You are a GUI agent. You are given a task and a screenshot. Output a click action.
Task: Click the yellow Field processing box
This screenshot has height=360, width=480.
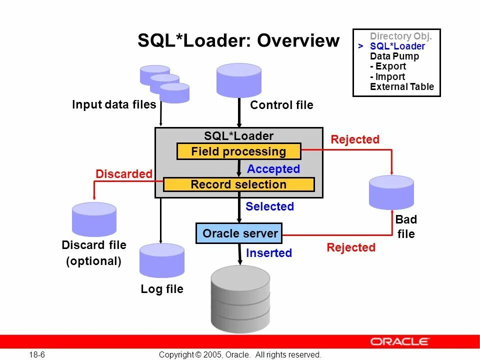[x=238, y=151]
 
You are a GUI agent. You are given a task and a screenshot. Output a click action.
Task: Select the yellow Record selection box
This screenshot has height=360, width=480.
[x=238, y=184]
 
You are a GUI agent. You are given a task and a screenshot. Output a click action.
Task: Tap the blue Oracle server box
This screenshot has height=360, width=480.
[x=239, y=233]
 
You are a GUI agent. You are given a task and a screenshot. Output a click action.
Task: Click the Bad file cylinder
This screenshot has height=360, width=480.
[x=391, y=192]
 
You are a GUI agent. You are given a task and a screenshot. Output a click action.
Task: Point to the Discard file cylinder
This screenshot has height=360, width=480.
[x=94, y=219]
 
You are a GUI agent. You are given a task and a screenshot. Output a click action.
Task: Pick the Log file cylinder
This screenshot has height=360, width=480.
[x=161, y=260]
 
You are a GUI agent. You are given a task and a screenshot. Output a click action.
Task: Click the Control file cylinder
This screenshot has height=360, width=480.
[x=238, y=80]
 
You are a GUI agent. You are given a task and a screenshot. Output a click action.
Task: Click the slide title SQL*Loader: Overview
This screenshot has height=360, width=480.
[x=238, y=41]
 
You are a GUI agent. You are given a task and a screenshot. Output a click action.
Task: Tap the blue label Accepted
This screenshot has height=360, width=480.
[x=273, y=169]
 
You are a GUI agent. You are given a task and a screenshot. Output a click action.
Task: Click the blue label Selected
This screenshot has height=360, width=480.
[x=269, y=206]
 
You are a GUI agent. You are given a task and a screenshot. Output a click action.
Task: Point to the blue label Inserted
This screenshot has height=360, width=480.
[x=269, y=253]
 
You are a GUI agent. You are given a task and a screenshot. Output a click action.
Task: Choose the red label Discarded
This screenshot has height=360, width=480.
[x=123, y=174]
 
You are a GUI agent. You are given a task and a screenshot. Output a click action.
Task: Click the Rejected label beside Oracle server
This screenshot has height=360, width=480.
[x=350, y=247]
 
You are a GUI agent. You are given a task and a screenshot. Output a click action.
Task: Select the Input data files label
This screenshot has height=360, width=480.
[x=114, y=104]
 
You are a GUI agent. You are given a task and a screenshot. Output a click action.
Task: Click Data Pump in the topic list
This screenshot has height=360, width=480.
[x=394, y=56]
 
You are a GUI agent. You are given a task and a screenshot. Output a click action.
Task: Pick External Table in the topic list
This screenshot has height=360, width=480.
[x=402, y=87]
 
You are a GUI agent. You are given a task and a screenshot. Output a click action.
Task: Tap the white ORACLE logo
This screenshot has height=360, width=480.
[x=399, y=341]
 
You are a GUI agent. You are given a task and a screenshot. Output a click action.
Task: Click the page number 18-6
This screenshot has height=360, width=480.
[x=37, y=354]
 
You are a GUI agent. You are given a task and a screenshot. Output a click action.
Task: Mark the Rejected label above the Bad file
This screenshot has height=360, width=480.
[x=355, y=139]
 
